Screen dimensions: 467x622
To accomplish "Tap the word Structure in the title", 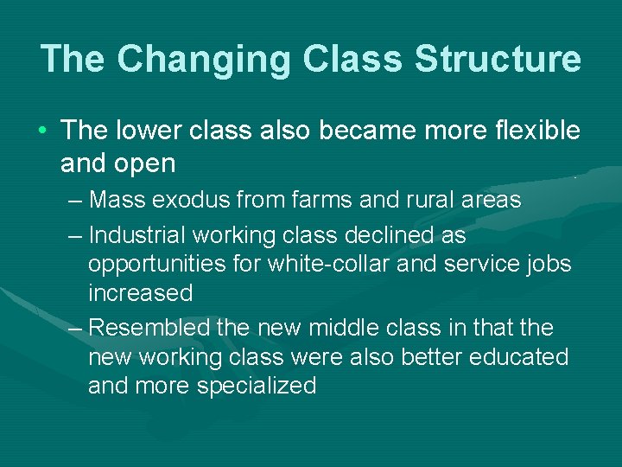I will (498, 59).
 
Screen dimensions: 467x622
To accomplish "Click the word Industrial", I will (136, 235).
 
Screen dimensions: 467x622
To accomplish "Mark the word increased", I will (140, 293).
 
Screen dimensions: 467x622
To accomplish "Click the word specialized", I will (257, 386).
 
